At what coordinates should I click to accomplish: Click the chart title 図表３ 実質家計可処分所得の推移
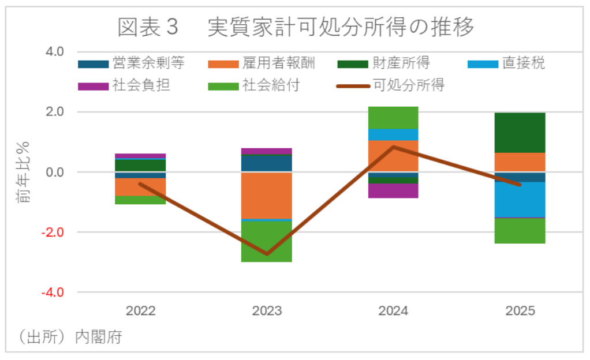point(295,27)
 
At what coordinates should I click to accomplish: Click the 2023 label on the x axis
point(267,311)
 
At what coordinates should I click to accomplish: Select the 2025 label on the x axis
point(520,311)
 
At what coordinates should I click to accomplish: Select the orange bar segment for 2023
point(267,196)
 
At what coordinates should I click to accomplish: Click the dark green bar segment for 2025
point(520,133)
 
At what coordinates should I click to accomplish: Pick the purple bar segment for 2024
point(393,190)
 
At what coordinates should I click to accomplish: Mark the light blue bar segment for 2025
point(520,200)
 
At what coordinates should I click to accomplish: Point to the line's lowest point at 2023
point(267,254)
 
